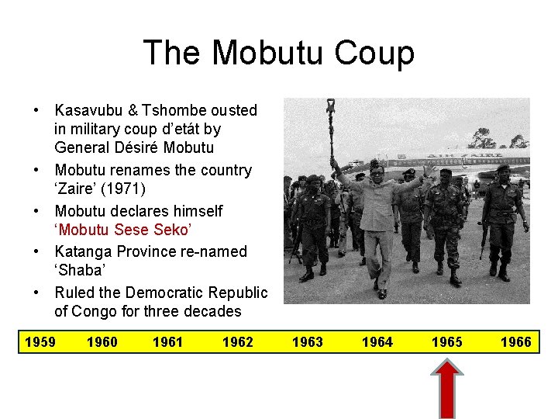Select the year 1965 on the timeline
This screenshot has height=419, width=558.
(x=447, y=342)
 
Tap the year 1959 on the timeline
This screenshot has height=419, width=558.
(x=40, y=342)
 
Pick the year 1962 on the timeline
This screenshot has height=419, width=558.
(x=237, y=342)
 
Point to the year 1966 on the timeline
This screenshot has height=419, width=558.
(x=516, y=342)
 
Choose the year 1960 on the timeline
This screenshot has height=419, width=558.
(x=102, y=342)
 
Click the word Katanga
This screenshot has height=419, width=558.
(x=81, y=251)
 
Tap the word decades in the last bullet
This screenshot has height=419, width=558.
(x=213, y=312)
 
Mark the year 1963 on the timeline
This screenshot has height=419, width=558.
(x=308, y=342)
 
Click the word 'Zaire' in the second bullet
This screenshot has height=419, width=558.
(x=74, y=189)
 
